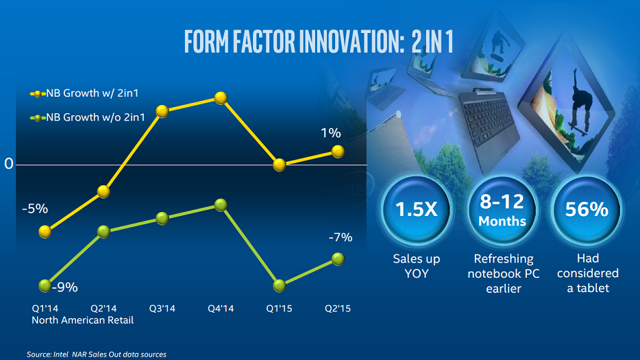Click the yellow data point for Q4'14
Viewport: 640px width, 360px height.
pyautogui.click(x=221, y=98)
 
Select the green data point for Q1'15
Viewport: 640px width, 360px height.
pyautogui.click(x=279, y=285)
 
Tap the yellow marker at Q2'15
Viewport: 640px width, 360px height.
pyautogui.click(x=338, y=151)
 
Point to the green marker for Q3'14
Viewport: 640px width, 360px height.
pyautogui.click(x=162, y=218)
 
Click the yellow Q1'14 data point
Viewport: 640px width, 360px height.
pyautogui.click(x=45, y=232)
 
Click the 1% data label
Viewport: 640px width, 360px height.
pyautogui.click(x=331, y=132)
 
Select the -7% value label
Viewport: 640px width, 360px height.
pyautogui.click(x=340, y=238)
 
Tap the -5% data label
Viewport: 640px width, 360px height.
pyautogui.click(x=35, y=208)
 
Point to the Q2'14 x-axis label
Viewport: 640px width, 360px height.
pyautogui.click(x=103, y=309)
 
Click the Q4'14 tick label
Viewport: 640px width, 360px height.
pyautogui.click(x=221, y=309)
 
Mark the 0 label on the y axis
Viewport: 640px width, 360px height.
pyautogui.click(x=9, y=165)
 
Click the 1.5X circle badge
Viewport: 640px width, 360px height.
pyautogui.click(x=416, y=210)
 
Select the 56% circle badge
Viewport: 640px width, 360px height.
pyautogui.click(x=587, y=210)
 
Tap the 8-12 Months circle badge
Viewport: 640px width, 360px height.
pyautogui.click(x=502, y=210)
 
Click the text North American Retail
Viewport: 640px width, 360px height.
pyautogui.click(x=83, y=320)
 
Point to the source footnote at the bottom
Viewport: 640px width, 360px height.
pyautogui.click(x=97, y=355)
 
